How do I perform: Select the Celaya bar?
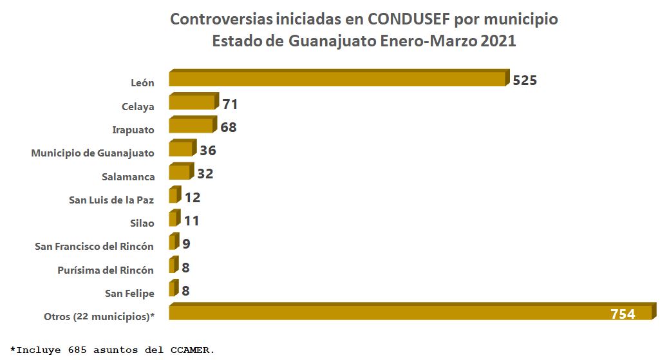(x=192, y=102)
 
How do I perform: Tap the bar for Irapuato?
(x=191, y=126)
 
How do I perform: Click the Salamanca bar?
(x=180, y=172)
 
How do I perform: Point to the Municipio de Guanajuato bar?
(x=181, y=149)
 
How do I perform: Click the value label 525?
(x=525, y=81)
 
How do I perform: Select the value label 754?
(x=623, y=314)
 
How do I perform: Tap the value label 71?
(x=230, y=104)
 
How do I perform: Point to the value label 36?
(x=207, y=151)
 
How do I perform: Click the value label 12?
(x=192, y=198)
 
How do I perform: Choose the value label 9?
(x=185, y=244)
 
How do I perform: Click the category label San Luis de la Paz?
(x=111, y=200)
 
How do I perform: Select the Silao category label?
(x=142, y=223)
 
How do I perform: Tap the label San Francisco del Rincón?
(x=94, y=247)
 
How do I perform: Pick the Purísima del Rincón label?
(x=106, y=270)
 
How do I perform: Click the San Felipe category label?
(x=130, y=294)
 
